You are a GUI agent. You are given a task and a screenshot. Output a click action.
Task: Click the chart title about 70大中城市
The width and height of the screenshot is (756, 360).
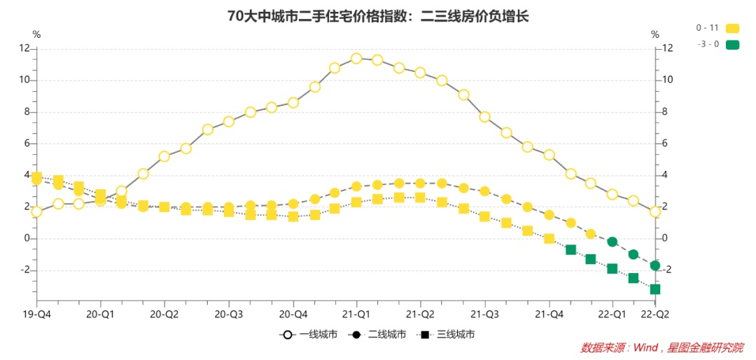point(377,16)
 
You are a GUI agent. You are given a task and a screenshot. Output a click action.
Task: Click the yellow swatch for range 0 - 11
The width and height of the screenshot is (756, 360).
point(732,28)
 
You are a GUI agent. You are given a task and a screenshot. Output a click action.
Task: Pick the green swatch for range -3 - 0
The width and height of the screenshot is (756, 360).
point(732,44)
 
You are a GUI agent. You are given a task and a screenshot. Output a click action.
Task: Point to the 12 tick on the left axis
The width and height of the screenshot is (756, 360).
point(24,48)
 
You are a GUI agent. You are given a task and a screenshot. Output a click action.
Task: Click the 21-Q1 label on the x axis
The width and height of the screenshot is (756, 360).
point(357,314)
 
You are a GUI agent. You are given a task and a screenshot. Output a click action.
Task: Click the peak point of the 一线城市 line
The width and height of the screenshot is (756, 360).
point(356,58)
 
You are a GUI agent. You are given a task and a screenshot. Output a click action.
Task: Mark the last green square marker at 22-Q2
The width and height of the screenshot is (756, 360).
point(654,289)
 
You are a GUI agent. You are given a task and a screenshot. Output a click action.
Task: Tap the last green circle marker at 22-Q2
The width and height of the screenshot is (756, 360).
point(654,265)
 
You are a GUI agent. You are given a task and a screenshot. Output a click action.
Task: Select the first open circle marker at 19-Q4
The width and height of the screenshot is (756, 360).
point(36,212)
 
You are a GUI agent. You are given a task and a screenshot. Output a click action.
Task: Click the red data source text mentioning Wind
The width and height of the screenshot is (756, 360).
point(661,347)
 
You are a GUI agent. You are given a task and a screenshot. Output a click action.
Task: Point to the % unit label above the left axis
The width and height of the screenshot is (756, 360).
point(36,34)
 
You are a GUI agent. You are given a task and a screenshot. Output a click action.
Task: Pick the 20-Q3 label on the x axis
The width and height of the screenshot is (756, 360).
point(229,314)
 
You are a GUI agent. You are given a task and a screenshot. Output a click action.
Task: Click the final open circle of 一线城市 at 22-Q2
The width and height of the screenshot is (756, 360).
point(654,212)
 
